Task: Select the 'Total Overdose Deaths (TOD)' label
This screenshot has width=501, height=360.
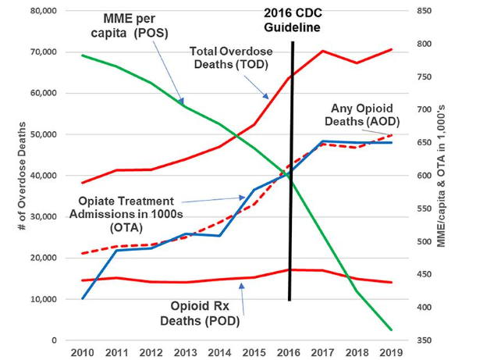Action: pyautogui.click(x=234, y=58)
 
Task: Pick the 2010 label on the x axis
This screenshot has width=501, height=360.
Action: pyautogui.click(x=82, y=353)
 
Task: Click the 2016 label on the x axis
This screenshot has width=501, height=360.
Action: pyautogui.click(x=290, y=353)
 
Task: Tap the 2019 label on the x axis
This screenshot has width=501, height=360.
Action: pyautogui.click(x=393, y=353)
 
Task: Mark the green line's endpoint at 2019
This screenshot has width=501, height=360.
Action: pyautogui.click(x=392, y=330)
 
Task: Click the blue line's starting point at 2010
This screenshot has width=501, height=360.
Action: pyautogui.click(x=82, y=298)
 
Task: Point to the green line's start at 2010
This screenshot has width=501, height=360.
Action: pyautogui.click(x=82, y=55)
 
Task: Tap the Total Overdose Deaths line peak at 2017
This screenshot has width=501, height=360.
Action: pyautogui.click(x=323, y=51)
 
